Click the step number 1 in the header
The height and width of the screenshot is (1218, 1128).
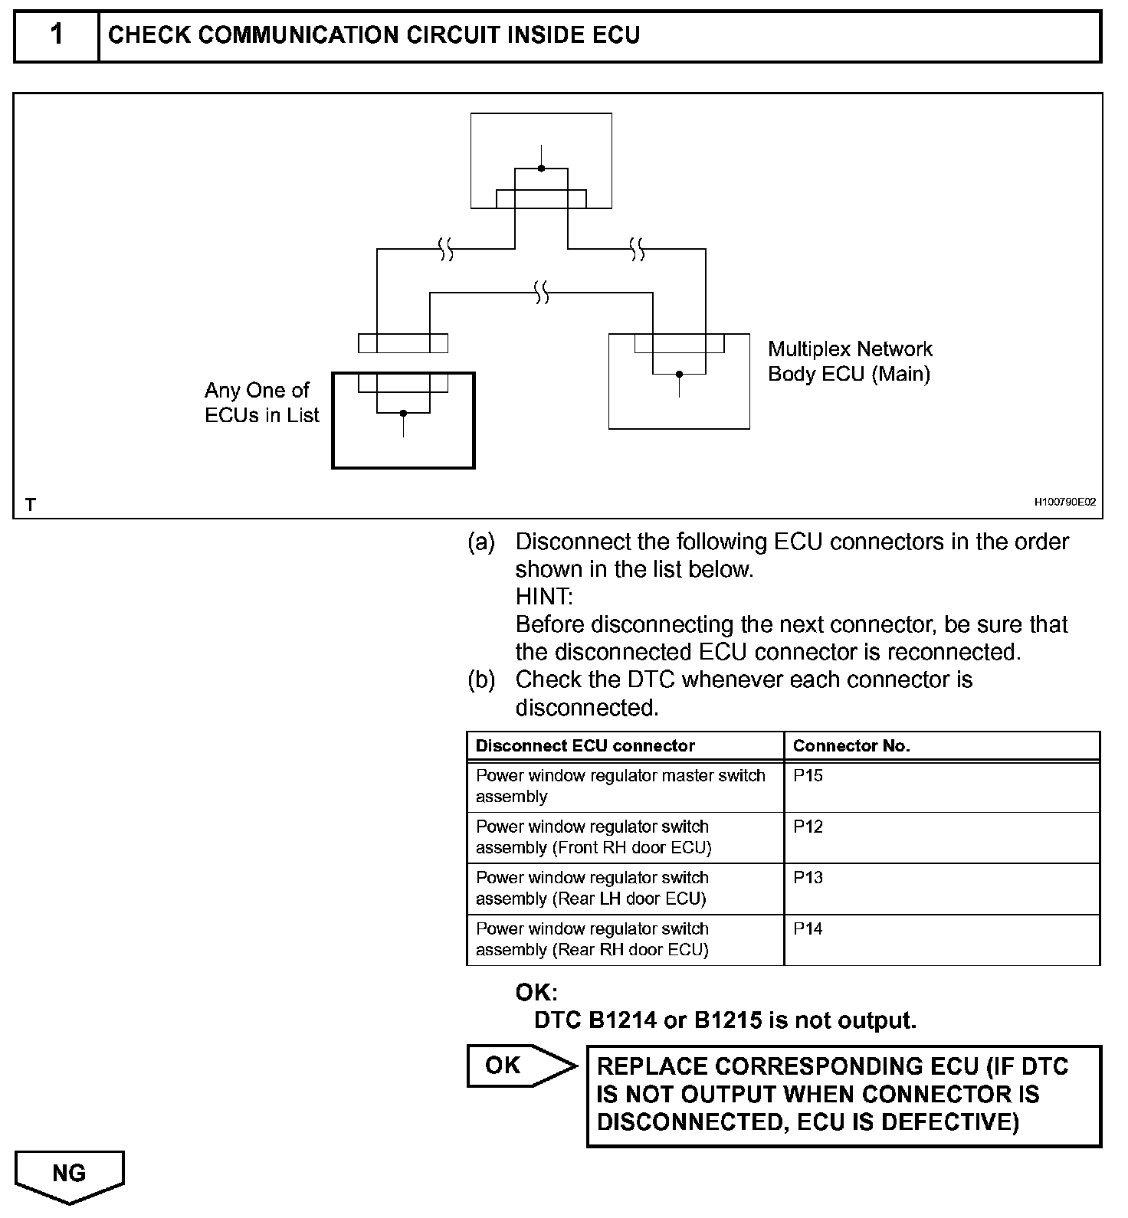click(56, 35)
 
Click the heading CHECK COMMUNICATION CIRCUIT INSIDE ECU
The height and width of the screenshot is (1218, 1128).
click(374, 35)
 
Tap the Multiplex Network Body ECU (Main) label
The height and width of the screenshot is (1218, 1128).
click(849, 362)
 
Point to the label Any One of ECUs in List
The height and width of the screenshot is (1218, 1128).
click(261, 403)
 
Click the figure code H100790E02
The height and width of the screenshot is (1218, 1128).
click(1064, 503)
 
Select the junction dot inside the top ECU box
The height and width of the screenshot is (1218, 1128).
click(541, 169)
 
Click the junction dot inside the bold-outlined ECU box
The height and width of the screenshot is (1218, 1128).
click(403, 414)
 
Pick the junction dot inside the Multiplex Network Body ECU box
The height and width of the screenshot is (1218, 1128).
click(679, 375)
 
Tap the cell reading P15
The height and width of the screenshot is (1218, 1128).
click(808, 775)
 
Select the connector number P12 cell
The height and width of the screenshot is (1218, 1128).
click(808, 827)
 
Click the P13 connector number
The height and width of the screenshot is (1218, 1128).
click(808, 878)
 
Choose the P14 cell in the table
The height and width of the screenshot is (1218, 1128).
click(808, 929)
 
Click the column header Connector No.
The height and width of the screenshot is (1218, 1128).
click(851, 746)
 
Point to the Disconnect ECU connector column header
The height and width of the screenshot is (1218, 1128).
click(585, 746)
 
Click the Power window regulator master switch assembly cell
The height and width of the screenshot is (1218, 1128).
click(620, 786)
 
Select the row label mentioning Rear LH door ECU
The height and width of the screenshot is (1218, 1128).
click(592, 889)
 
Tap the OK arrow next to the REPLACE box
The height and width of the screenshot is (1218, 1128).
click(520, 1066)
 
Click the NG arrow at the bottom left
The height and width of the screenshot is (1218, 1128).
click(69, 1174)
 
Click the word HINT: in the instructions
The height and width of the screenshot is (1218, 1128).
click(543, 597)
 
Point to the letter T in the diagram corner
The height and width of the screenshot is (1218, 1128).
click(30, 505)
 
